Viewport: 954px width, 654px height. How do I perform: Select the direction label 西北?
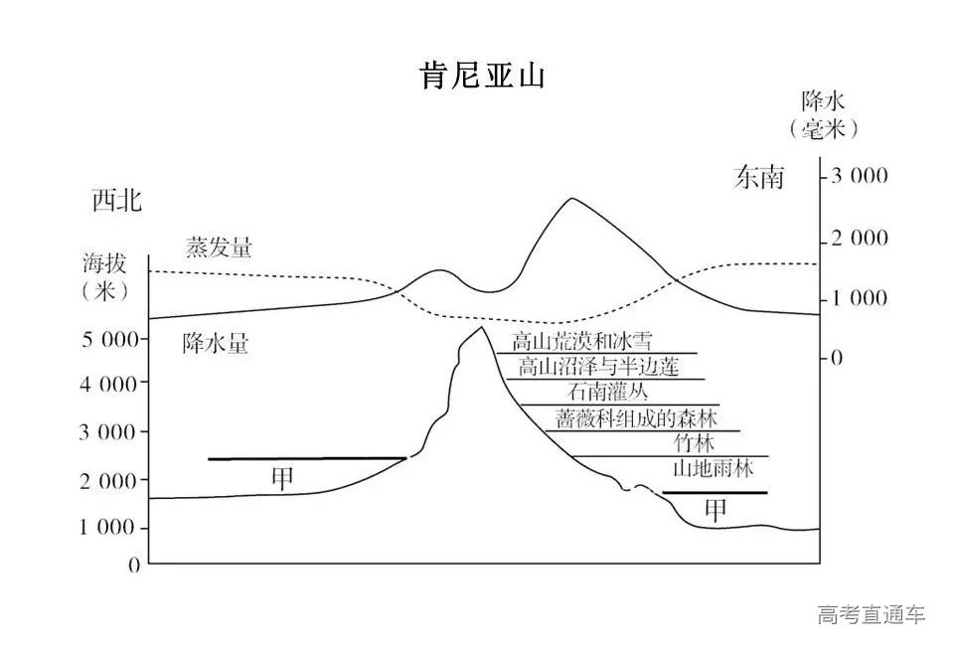point(116,201)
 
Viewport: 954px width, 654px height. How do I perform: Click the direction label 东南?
point(759,177)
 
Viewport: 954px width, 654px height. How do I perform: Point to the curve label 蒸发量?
point(219,247)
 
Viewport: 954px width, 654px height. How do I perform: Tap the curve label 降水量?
point(215,344)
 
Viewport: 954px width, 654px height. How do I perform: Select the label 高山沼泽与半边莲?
point(598,368)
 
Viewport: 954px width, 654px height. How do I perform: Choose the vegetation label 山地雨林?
point(714,468)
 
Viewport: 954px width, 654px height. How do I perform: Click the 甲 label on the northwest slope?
point(283,478)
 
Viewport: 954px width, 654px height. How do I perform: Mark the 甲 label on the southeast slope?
point(715,510)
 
